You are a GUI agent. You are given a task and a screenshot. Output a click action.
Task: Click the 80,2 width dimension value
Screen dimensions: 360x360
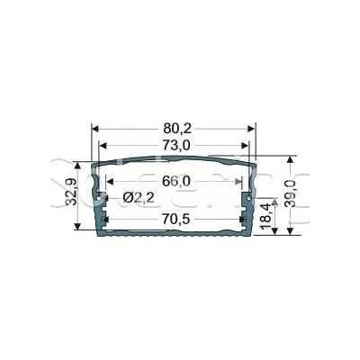(x=177, y=129)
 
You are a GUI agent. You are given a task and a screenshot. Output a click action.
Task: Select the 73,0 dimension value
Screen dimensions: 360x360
(x=177, y=146)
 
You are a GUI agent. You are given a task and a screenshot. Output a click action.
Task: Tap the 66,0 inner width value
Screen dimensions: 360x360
(x=176, y=181)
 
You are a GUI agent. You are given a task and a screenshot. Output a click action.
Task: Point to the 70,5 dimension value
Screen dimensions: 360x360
(x=176, y=220)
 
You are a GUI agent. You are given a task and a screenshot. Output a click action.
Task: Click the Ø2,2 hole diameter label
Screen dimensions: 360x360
(x=139, y=198)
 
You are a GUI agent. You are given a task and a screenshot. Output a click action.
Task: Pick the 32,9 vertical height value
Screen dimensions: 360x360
(x=71, y=192)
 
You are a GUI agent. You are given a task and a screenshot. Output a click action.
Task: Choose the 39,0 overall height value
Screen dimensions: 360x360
(x=291, y=193)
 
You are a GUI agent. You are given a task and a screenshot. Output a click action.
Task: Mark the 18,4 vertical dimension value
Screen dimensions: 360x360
(x=266, y=215)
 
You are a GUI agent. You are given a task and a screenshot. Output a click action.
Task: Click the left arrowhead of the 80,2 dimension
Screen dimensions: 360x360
(x=95, y=129)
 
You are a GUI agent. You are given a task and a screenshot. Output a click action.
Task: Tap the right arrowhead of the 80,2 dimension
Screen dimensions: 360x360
(x=251, y=129)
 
